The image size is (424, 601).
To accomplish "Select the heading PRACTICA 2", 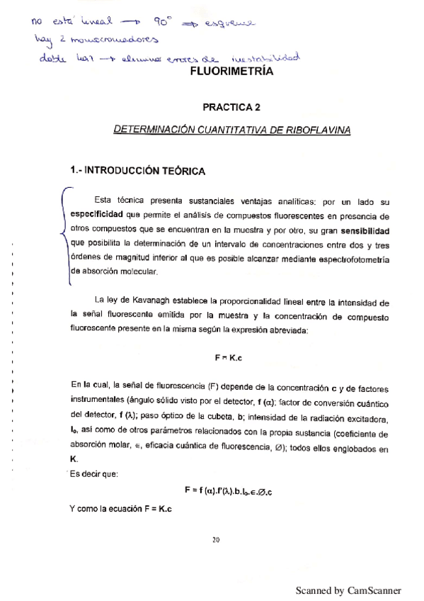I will tap(231, 107).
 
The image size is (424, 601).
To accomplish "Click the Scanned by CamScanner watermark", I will tap(348, 590).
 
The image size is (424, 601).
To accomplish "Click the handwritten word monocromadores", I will tap(110, 39).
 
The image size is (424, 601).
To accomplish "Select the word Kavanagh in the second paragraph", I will tap(148, 303).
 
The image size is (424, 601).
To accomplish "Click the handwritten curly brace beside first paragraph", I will tap(65, 234).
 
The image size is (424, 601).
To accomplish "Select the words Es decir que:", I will tap(95, 473).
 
